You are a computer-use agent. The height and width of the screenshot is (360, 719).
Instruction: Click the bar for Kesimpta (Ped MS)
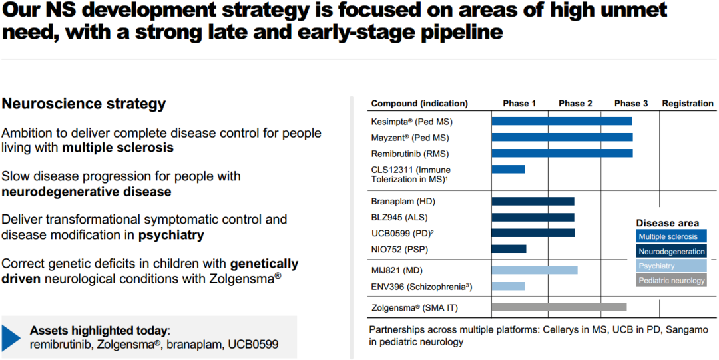tap(562, 121)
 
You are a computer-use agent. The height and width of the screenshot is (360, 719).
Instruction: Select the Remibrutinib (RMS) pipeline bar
tap(562, 153)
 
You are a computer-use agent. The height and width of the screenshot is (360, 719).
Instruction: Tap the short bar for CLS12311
tap(509, 169)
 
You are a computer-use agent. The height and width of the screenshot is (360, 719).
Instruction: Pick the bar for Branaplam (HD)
tap(533, 201)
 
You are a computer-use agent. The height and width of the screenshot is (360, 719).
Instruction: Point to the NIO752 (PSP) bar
tap(509, 249)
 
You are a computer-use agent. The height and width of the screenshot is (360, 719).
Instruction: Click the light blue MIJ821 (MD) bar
tap(535, 270)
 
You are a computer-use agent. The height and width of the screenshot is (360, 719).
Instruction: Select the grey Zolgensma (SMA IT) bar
tap(559, 307)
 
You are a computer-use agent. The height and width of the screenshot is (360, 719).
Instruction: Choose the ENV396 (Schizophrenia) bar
tap(508, 286)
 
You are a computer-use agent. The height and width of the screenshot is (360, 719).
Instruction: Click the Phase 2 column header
tap(575, 104)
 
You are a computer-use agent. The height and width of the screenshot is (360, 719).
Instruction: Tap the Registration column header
tap(688, 104)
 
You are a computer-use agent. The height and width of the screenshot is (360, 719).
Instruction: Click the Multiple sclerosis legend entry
tap(671, 236)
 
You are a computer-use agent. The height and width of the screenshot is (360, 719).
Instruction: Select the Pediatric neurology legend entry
tap(671, 280)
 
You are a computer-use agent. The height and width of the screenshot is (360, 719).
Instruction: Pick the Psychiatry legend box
tap(671, 266)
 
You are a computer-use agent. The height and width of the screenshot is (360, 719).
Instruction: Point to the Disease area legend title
tap(666, 223)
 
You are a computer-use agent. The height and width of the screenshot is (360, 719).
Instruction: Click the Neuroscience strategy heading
tap(84, 104)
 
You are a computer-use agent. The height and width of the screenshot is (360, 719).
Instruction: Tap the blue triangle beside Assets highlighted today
tap(12, 337)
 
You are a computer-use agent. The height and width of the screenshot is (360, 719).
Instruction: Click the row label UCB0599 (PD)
tap(402, 233)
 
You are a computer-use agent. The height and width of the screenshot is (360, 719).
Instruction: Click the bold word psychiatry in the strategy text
tap(171, 235)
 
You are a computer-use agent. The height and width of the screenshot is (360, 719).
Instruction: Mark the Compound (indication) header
tap(419, 104)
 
